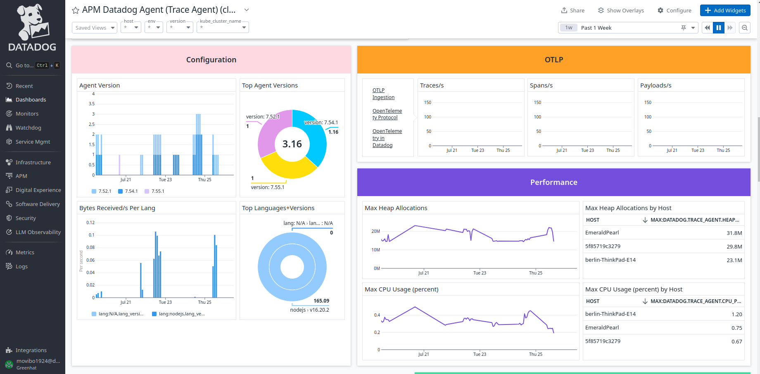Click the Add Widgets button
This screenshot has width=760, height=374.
coord(725,10)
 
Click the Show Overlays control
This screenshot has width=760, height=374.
coord(621,10)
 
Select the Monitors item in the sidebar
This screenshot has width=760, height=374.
coord(27,114)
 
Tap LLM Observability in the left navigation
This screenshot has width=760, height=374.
coord(38,232)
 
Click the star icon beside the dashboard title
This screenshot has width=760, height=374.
coord(76,10)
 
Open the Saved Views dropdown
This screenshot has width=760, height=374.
coord(95,28)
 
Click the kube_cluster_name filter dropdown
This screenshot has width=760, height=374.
coord(223,28)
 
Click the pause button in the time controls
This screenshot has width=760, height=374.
coord(719,28)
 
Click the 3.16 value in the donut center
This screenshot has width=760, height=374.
coord(292,144)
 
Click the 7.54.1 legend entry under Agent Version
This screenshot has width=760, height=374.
coord(128,191)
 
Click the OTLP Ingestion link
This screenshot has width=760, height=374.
coord(383,94)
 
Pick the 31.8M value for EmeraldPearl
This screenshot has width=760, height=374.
coord(734,233)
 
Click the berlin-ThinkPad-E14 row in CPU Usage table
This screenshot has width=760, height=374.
coord(610,314)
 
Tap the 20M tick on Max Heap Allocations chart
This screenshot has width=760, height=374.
coord(375,231)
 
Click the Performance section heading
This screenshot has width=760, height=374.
coord(553,182)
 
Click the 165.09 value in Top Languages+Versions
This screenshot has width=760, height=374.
coord(321,301)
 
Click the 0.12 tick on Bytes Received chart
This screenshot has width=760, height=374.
coord(90,223)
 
